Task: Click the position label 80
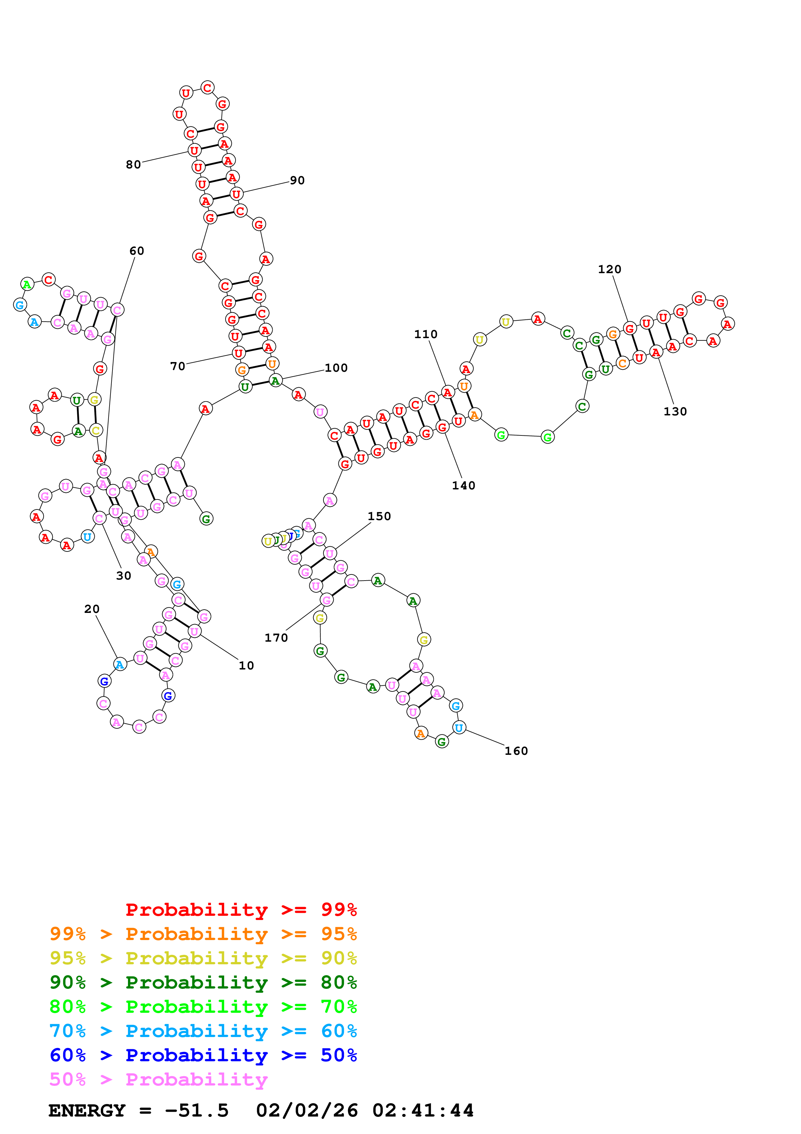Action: (133, 165)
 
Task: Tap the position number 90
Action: (297, 180)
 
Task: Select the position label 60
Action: (137, 251)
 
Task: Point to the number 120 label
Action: (609, 269)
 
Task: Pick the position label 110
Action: (426, 334)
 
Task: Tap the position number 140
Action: (463, 486)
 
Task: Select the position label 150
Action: (379, 516)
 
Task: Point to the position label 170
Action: (276, 637)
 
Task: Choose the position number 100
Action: (336, 368)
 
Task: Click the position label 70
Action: (178, 366)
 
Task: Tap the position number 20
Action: (92, 609)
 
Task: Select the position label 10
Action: (246, 665)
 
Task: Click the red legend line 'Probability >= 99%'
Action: (241, 909)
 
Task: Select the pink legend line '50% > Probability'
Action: (158, 1079)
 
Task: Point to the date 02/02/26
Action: (307, 1110)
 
